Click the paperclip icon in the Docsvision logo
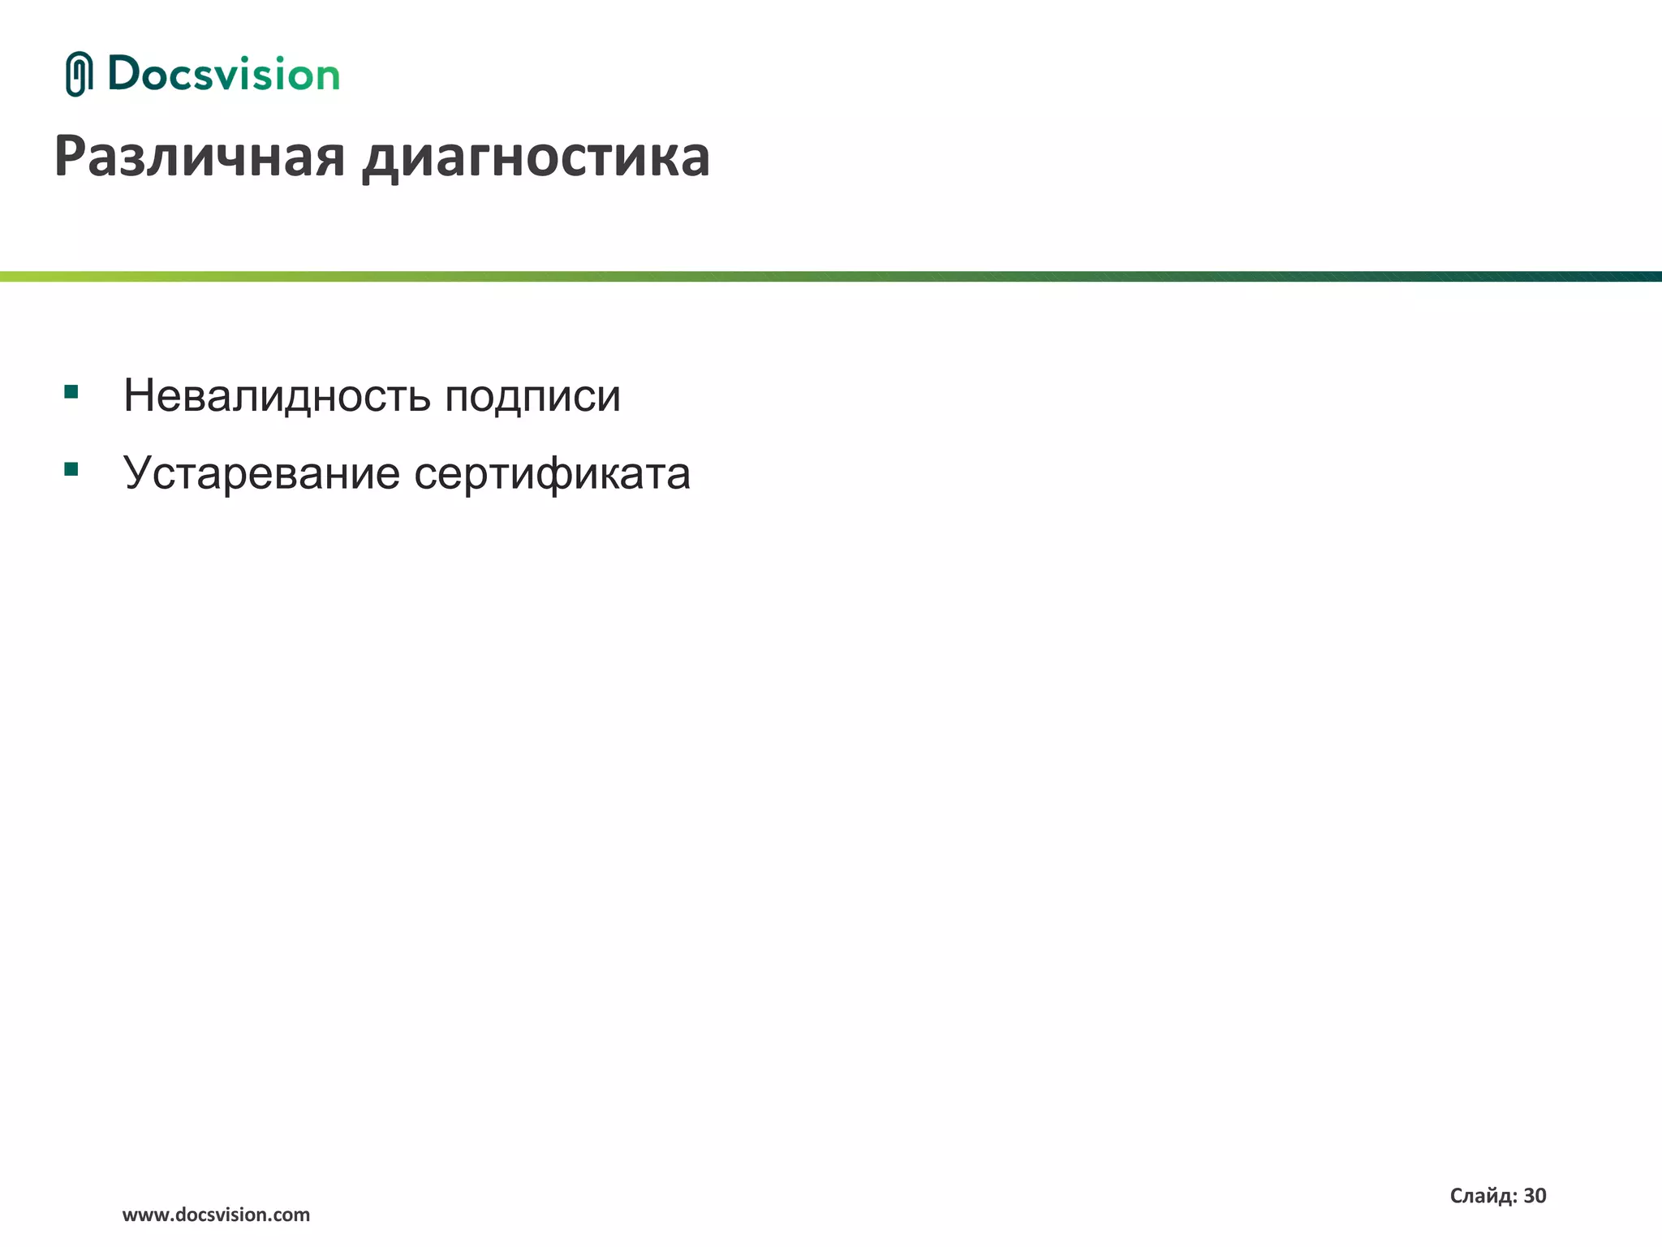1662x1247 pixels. (x=79, y=74)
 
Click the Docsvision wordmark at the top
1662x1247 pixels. (x=223, y=75)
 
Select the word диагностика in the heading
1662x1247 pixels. (x=536, y=157)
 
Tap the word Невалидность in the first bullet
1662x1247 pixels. (x=277, y=396)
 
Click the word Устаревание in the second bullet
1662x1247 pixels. (x=261, y=472)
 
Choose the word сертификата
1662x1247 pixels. (x=552, y=474)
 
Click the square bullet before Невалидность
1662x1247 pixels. (x=71, y=392)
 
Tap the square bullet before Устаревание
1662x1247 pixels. (x=71, y=468)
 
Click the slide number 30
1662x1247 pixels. (x=1535, y=1196)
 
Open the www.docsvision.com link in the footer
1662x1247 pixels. (x=216, y=1215)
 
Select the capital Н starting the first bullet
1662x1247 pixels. (x=140, y=396)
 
